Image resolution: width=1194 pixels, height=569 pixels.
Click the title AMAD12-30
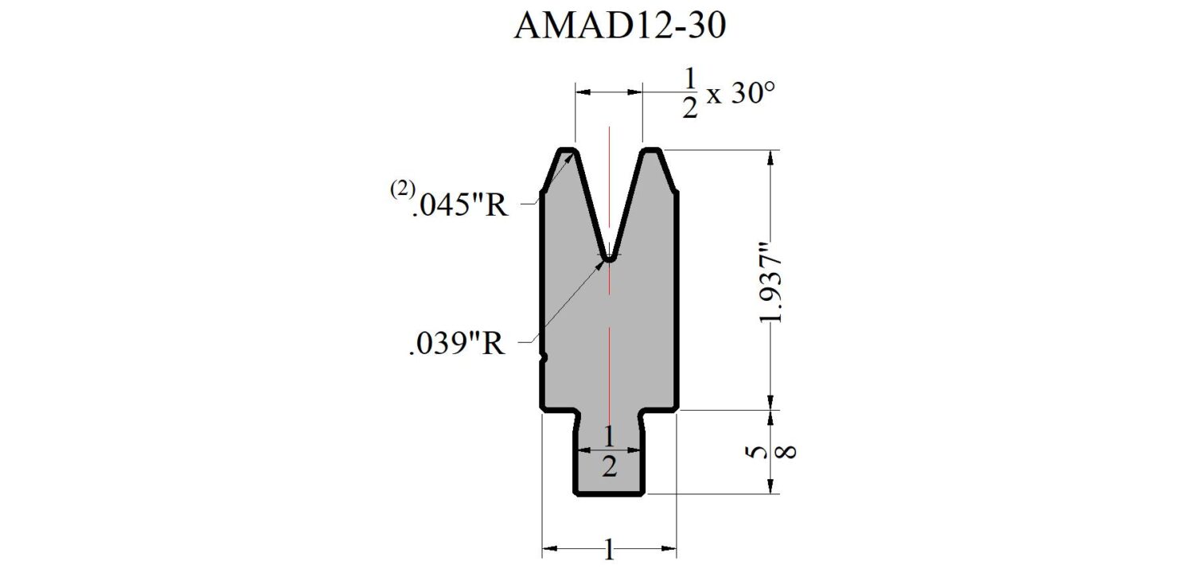[620, 25]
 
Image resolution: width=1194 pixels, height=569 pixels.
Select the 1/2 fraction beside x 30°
[690, 94]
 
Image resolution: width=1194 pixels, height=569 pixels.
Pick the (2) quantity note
[403, 189]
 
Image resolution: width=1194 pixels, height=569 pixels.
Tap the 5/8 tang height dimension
[771, 452]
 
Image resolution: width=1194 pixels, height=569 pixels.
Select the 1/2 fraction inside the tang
[609, 452]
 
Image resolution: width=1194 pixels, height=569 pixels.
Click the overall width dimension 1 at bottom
[609, 549]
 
